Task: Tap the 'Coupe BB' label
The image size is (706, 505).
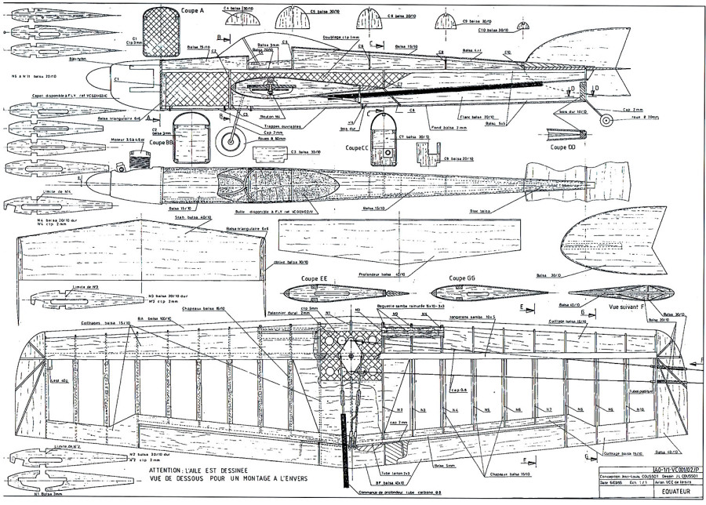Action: (160, 143)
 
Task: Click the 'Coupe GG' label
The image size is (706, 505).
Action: (463, 278)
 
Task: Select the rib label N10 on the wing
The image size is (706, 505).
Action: (639, 409)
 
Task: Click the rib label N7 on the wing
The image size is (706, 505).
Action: (549, 409)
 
